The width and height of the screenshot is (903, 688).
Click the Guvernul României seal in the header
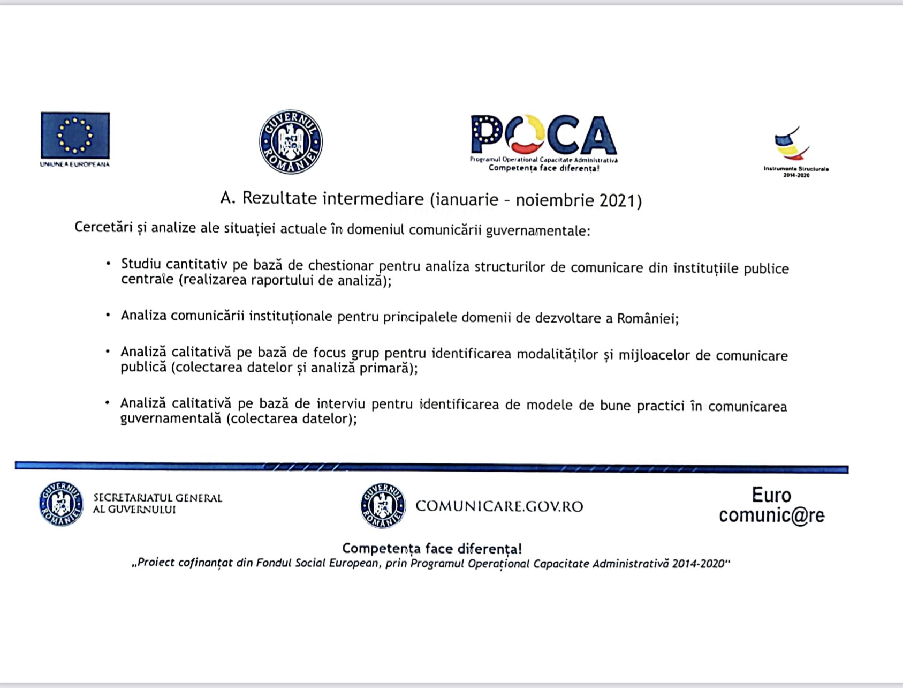coord(291,142)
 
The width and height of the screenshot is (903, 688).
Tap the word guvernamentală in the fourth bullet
coord(170,418)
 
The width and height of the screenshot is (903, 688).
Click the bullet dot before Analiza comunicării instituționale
coord(108,315)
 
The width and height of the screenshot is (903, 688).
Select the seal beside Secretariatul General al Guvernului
coord(61,504)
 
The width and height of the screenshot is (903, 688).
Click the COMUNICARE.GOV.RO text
coord(499,506)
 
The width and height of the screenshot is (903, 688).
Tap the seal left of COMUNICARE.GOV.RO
coord(383,506)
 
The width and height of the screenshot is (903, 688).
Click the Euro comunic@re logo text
coord(771,505)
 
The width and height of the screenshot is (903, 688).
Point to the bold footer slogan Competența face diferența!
coord(431,549)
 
